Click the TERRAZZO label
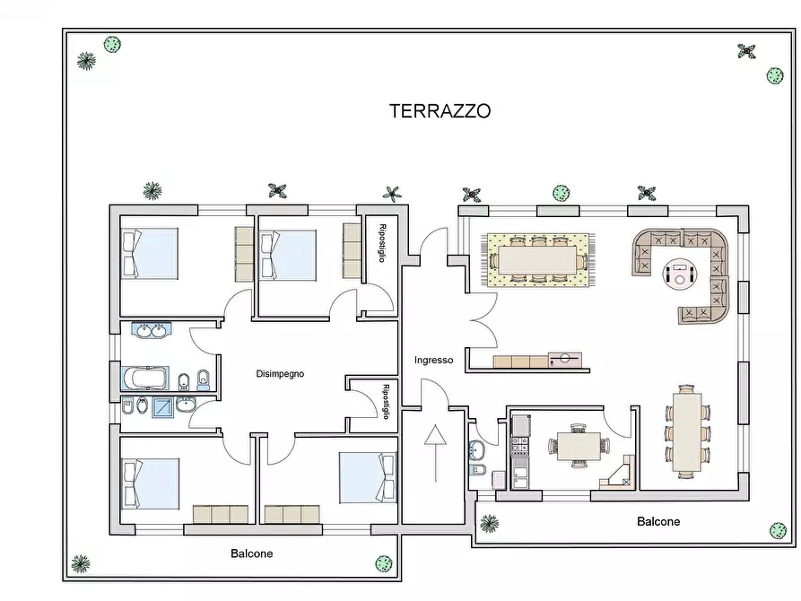pos(440,111)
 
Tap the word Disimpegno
pos(280,374)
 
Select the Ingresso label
pos(433,361)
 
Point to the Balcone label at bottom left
pos(251,553)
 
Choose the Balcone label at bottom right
pos(658,521)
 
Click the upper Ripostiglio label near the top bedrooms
pos(382,242)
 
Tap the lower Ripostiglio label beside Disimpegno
pos(386,402)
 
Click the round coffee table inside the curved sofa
pos(679,273)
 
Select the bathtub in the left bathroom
pos(144,377)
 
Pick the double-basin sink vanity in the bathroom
pos(150,331)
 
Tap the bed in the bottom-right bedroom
pos(367,477)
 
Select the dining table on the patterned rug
pos(538,259)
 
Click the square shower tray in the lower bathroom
pos(162,406)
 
